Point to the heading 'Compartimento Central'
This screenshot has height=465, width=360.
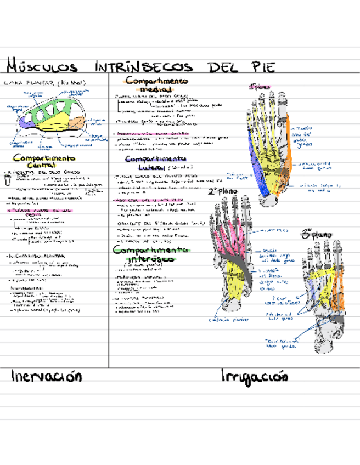[x=43, y=161]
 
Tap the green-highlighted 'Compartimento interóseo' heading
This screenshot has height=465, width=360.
[x=144, y=253]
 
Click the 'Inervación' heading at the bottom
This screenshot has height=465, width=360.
[x=46, y=376]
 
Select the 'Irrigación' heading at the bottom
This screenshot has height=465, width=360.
[x=254, y=376]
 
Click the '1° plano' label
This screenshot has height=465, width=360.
[x=260, y=86]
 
